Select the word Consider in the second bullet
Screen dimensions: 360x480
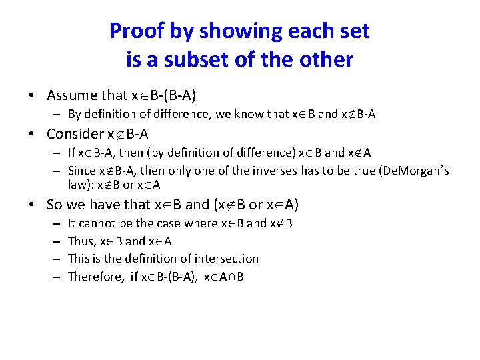tap(77, 133)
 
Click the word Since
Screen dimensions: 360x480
tap(82, 171)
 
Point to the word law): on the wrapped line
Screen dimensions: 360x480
tap(81, 185)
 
